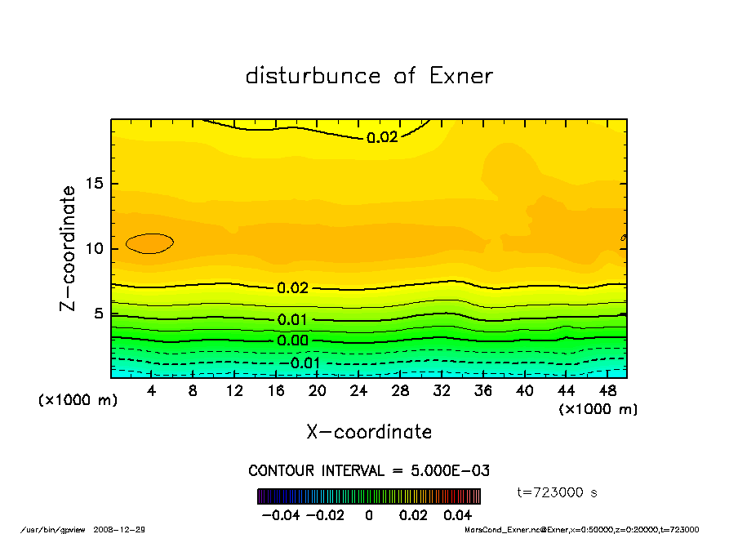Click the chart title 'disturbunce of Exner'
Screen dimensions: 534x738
pos(369,76)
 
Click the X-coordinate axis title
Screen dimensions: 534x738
pos(369,432)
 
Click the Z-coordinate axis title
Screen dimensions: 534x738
pos(68,247)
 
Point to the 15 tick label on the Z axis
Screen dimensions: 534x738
pos(95,184)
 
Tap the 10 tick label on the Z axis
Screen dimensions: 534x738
pos(95,248)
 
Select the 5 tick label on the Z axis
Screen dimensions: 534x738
pos(100,313)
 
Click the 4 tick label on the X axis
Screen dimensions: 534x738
pos(152,391)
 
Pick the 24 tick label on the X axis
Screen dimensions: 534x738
pos(359,391)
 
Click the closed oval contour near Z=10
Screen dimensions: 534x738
pos(149,243)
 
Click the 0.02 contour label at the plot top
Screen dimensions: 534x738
pos(382,137)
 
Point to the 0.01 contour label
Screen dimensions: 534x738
pos(292,320)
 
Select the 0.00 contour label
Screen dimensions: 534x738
pos(292,340)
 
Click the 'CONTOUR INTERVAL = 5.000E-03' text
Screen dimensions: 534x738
pos(369,471)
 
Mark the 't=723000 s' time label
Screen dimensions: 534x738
pos(558,492)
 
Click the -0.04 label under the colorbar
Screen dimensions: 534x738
pos(275,515)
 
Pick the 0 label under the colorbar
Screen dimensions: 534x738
pos(369,515)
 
